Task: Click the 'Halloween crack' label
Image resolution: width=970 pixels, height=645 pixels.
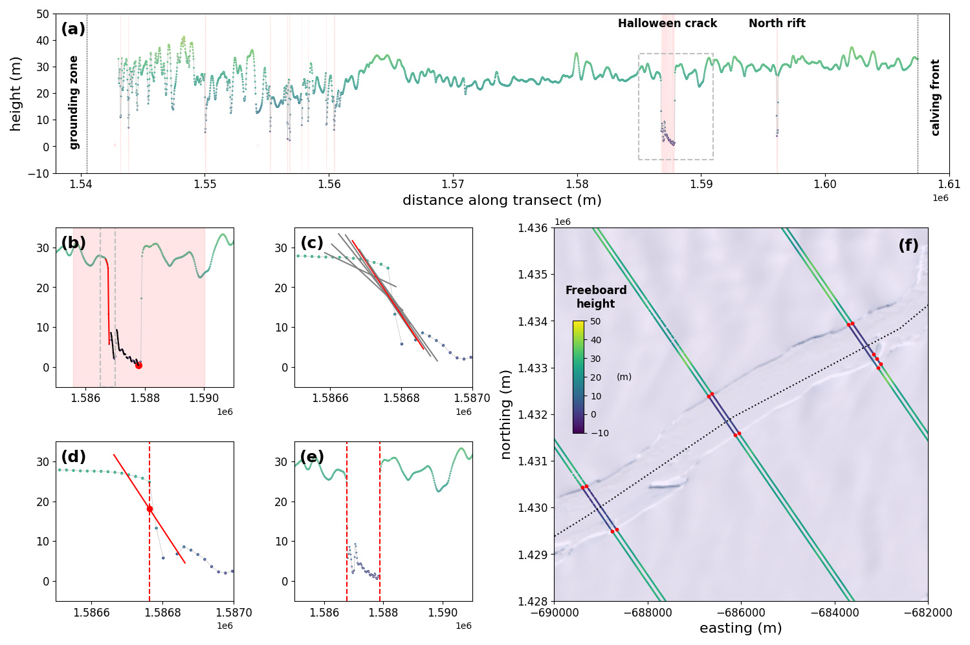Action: pos(667,24)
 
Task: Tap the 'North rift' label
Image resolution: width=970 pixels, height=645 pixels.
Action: pos(777,24)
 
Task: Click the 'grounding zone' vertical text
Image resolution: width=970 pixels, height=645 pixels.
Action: pos(74,102)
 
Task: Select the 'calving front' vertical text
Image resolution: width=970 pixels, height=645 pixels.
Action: pos(936,98)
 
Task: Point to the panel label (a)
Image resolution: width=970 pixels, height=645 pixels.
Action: pos(73,29)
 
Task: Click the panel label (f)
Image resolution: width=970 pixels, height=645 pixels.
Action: pos(908,246)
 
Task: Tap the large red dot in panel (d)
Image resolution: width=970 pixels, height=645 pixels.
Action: pos(149,509)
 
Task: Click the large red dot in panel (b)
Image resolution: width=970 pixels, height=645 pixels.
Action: pos(138,365)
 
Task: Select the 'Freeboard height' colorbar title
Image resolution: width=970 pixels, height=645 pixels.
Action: pos(596,297)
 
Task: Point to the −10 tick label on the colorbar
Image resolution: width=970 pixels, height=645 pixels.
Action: pos(599,433)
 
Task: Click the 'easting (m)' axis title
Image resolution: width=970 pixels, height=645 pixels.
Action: pos(740,628)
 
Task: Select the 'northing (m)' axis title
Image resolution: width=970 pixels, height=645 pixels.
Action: pos(506,414)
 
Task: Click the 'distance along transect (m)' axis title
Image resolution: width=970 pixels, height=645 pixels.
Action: pos(502,201)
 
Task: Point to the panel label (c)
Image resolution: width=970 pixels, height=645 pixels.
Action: pos(311,244)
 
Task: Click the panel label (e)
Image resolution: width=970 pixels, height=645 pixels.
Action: pos(311,458)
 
